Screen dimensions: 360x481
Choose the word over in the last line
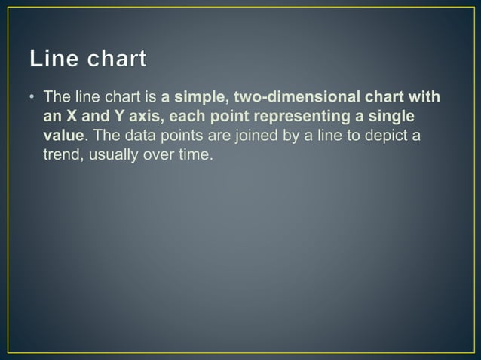[x=156, y=156]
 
